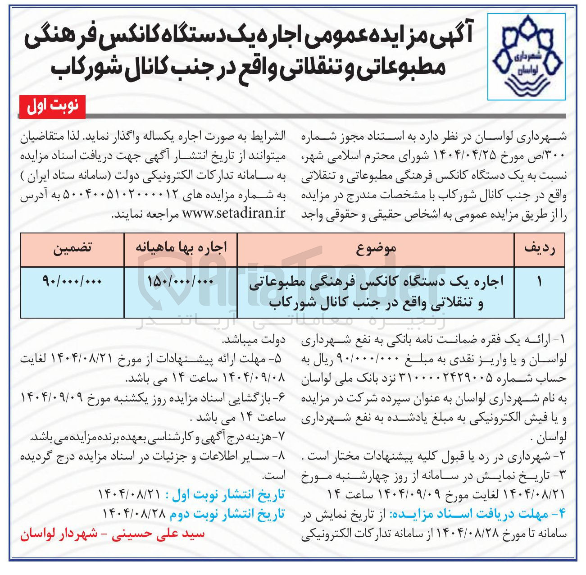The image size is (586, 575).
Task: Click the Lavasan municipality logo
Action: click(527, 56)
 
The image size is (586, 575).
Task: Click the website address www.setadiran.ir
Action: click(233, 213)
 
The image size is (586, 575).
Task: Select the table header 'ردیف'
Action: click(540, 248)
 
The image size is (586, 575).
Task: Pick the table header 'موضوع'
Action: click(376, 248)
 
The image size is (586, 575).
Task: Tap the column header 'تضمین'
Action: click(73, 248)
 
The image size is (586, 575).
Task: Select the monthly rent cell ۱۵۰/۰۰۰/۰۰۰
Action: click(181, 281)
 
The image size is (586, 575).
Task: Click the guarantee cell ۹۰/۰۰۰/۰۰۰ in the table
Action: click(73, 281)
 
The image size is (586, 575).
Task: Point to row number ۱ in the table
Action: click(539, 282)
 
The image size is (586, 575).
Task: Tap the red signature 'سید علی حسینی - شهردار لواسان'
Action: click(112, 534)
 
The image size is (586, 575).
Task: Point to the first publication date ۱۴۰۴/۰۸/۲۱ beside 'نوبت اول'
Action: click(129, 494)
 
